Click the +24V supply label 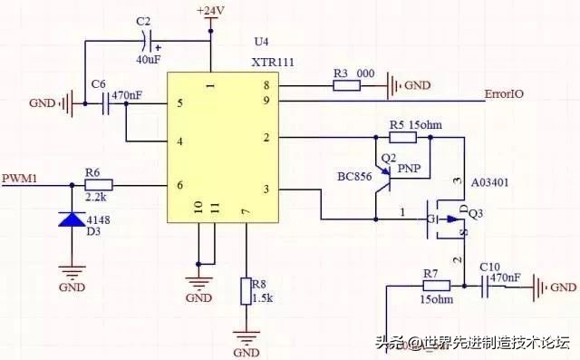[x=210, y=10]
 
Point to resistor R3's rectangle [x=347, y=86]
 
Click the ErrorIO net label [x=504, y=92]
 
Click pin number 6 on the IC [x=179, y=184]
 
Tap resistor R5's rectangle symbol [x=402, y=137]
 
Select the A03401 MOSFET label [x=489, y=181]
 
